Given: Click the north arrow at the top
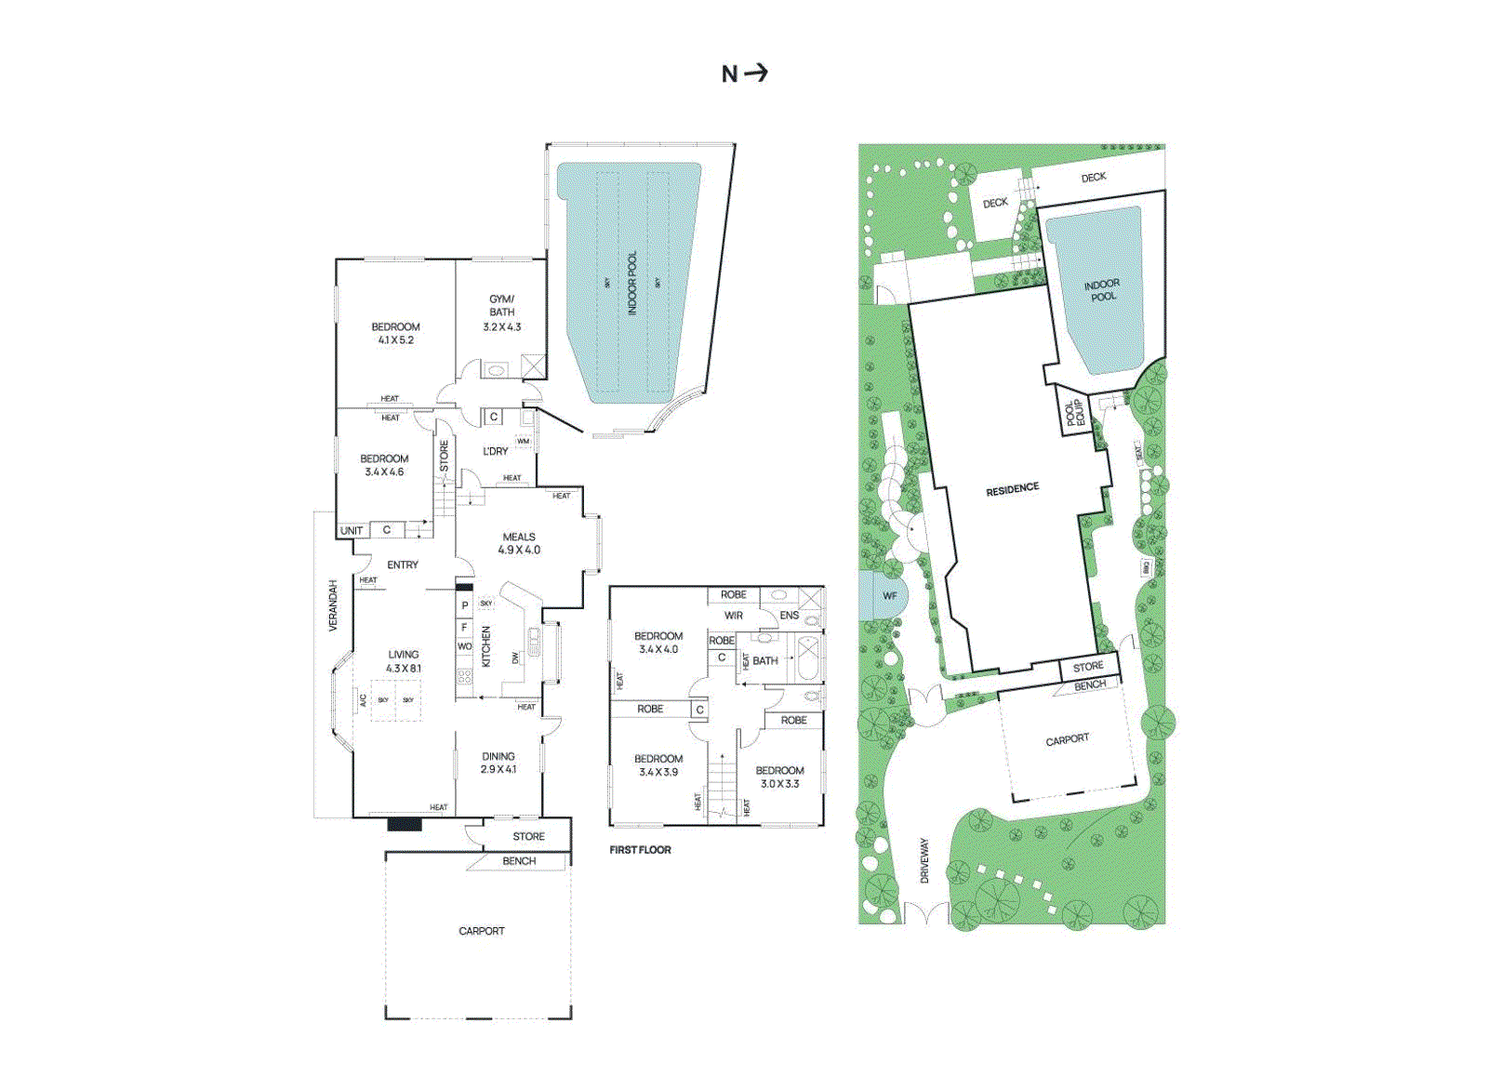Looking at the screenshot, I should [745, 73].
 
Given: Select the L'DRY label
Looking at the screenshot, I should [496, 451].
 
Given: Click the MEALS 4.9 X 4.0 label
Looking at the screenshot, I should [519, 543].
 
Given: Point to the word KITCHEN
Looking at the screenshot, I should [485, 646].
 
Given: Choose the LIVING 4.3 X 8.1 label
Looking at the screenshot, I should [404, 661].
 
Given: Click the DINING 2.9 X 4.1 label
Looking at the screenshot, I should [498, 763].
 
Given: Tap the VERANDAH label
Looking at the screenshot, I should [333, 605].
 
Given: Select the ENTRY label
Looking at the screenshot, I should [403, 565].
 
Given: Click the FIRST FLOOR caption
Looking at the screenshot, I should [640, 850].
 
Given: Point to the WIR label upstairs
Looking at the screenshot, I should [734, 616].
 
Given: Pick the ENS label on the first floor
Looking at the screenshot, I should [789, 616].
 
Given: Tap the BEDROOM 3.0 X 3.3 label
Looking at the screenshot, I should [779, 777].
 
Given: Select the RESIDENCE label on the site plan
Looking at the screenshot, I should [1013, 489].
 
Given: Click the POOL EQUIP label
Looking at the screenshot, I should [1075, 412].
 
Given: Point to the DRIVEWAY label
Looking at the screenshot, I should [924, 860].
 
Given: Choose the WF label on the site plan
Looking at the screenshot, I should [890, 596].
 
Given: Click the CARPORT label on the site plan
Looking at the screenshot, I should [1067, 740].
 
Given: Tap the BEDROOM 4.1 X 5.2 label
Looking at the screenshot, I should [395, 333].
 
